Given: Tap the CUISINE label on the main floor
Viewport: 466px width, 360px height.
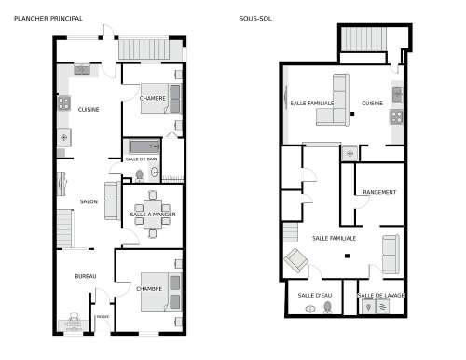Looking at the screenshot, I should [x=89, y=110].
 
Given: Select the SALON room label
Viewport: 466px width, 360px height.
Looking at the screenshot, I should [x=89, y=201].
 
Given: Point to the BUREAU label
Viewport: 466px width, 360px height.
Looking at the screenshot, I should [x=86, y=277].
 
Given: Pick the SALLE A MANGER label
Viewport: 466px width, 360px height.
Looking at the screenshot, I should [x=153, y=215].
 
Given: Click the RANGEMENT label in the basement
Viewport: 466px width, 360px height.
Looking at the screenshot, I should [x=379, y=193].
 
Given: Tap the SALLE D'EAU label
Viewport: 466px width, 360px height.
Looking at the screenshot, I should [x=315, y=296].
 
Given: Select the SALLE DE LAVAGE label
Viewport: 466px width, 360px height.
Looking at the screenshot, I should [x=381, y=296].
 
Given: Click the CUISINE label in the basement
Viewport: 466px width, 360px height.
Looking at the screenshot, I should [x=373, y=103].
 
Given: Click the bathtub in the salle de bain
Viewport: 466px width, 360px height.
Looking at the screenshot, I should [x=143, y=146].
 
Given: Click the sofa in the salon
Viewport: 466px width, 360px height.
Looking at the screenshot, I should [x=111, y=200].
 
